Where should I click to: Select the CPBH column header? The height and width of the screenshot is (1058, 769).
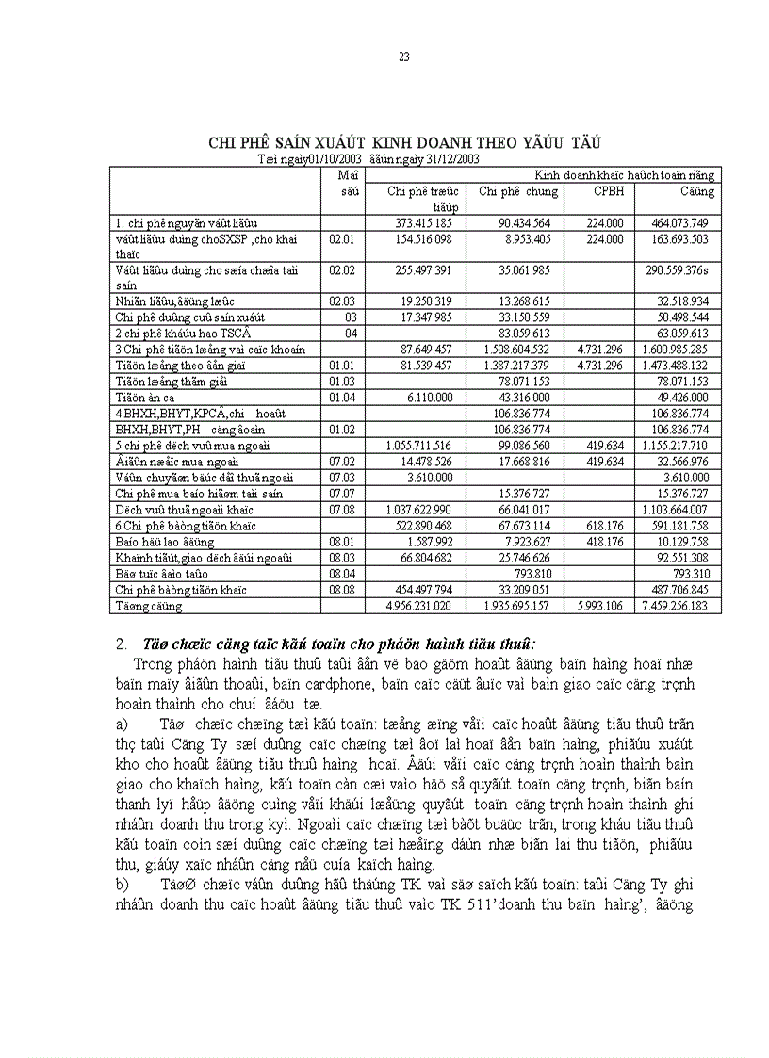[607, 191]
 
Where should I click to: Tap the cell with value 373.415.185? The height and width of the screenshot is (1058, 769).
[426, 223]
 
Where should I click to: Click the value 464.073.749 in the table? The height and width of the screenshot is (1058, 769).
[684, 223]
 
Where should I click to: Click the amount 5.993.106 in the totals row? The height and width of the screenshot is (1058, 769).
[603, 606]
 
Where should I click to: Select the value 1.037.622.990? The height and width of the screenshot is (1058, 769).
[426, 510]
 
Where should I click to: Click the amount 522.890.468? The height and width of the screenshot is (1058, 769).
[426, 526]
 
